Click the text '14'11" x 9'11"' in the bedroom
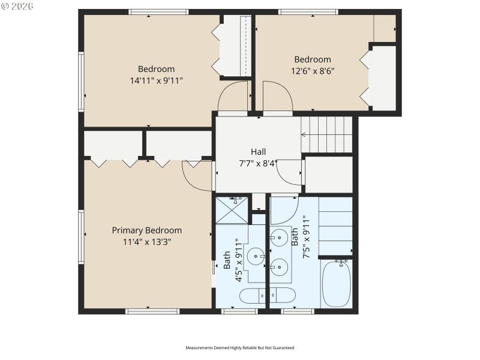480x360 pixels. [x=156, y=80]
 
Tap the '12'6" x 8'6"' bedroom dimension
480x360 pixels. [x=313, y=70]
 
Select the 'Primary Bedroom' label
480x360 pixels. [x=147, y=230]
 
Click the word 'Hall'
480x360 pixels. [x=259, y=152]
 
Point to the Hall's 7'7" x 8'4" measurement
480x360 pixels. [x=259, y=163]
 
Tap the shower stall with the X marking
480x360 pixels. [x=232, y=208]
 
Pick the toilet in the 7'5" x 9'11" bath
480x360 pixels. [x=283, y=295]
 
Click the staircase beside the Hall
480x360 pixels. [x=326, y=135]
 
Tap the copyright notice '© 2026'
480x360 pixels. [x=17, y=7]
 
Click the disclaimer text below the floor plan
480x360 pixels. [x=240, y=347]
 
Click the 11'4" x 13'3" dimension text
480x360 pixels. [x=147, y=242]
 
